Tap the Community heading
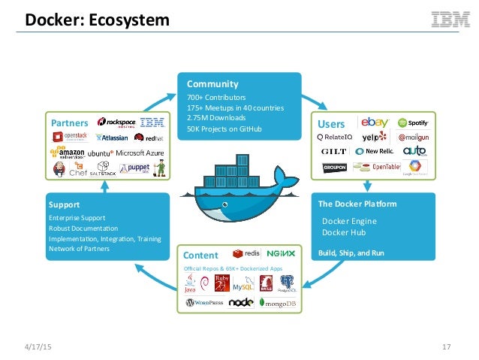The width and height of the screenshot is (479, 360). (212, 84)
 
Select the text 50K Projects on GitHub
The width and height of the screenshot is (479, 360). (225, 129)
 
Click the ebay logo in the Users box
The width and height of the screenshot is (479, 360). (374, 122)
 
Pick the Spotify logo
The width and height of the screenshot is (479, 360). (413, 123)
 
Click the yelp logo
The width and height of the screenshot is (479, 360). (375, 137)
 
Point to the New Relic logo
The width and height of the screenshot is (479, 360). (375, 151)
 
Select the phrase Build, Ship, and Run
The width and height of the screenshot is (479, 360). (351, 253)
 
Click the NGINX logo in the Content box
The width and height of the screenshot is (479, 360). (281, 254)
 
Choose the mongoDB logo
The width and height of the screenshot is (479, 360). (279, 303)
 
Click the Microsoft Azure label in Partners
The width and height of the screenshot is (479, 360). (140, 153)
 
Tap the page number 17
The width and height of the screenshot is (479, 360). (447, 346)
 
